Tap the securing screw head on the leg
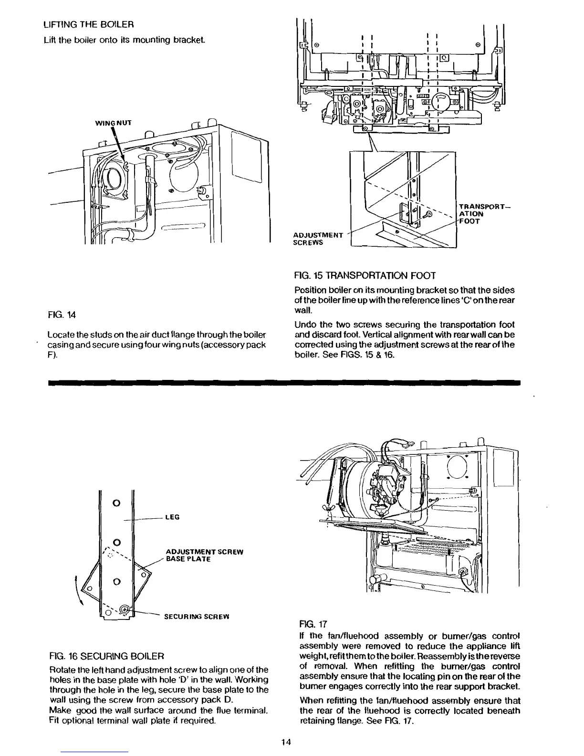click(x=125, y=609)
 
